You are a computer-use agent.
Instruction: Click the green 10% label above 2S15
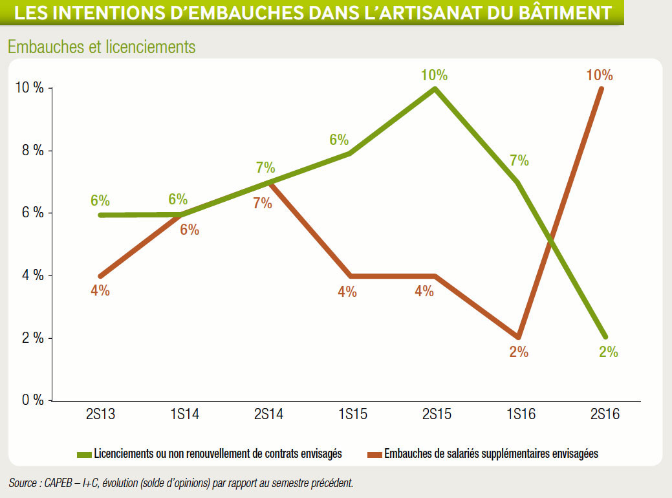pos(434,76)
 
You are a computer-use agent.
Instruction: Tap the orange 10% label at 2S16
pos(600,76)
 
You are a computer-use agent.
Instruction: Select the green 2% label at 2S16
pos(609,352)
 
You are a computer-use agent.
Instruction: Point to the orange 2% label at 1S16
pos(519,352)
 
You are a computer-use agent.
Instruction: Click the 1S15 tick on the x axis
pos(352,414)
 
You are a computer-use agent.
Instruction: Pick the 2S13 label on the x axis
pos(101,414)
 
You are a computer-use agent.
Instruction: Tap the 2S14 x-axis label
pos(268,414)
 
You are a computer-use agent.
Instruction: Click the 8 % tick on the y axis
pos(33,151)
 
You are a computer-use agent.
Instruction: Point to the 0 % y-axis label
pos(33,400)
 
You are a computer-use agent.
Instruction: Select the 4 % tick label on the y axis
pos(33,275)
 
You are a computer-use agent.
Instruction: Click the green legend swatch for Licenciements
pos(85,455)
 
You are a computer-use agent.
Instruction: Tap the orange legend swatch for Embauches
pos(374,455)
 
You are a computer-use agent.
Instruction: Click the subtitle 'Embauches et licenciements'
pos(102,47)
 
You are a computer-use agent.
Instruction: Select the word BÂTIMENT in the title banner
pos(565,13)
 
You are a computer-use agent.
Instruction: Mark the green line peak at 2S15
pos(435,89)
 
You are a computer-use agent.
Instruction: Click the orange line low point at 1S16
pos(519,337)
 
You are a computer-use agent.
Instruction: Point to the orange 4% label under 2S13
pos(100,291)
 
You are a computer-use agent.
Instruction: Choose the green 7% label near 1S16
pos(519,160)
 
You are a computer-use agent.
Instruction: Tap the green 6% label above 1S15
pos(339,140)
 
